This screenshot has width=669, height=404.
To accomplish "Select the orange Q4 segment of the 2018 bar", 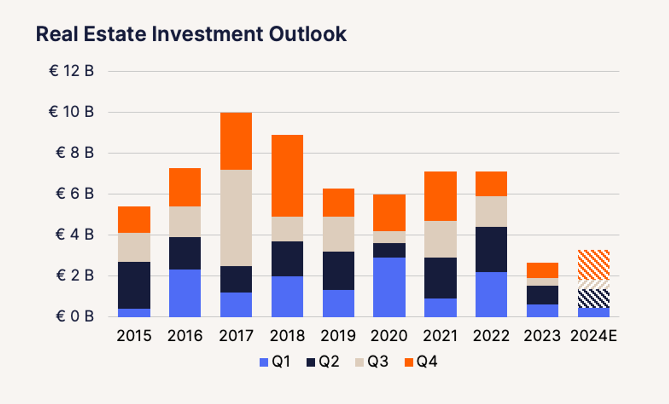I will click(x=287, y=176).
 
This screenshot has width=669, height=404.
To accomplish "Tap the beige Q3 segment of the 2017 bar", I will click(x=236, y=218).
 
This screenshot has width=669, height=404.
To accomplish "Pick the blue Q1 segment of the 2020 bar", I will click(x=389, y=287).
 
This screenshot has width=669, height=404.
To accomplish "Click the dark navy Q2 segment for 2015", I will click(x=134, y=285).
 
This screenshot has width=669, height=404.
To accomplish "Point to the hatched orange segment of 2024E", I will click(x=593, y=265).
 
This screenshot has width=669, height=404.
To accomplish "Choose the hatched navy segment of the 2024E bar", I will click(x=593, y=298).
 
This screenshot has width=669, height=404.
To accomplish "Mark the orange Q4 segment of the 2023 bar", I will click(x=542, y=270).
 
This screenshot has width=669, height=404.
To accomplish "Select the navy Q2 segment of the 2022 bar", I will click(x=491, y=249).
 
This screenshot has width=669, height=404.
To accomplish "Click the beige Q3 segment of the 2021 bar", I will click(x=440, y=239).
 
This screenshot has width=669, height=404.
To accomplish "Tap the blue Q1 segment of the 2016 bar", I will click(x=185, y=293).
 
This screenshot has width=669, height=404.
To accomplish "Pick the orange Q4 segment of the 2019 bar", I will click(x=338, y=203).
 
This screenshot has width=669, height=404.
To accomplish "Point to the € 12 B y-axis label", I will click(x=71, y=71).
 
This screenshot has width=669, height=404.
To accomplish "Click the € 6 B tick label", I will click(x=75, y=194).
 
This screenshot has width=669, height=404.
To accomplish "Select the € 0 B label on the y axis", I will click(x=75, y=317).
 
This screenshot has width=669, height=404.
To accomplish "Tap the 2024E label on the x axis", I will click(x=593, y=336).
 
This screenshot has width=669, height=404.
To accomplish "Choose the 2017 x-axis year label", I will click(x=236, y=336).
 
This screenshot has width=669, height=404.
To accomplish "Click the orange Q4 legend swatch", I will click(x=409, y=362).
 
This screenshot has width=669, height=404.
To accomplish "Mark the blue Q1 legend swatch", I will click(x=264, y=362).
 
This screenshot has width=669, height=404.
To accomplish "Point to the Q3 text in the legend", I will click(x=378, y=362).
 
